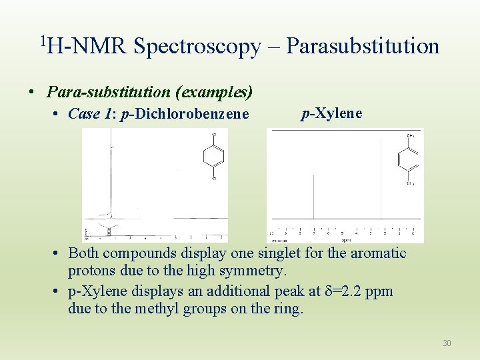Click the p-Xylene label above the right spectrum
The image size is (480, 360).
coord(332,113)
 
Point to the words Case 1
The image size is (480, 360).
coord(93,114)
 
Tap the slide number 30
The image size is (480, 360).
coord(447,343)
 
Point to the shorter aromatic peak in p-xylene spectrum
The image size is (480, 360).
coord(314,197)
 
